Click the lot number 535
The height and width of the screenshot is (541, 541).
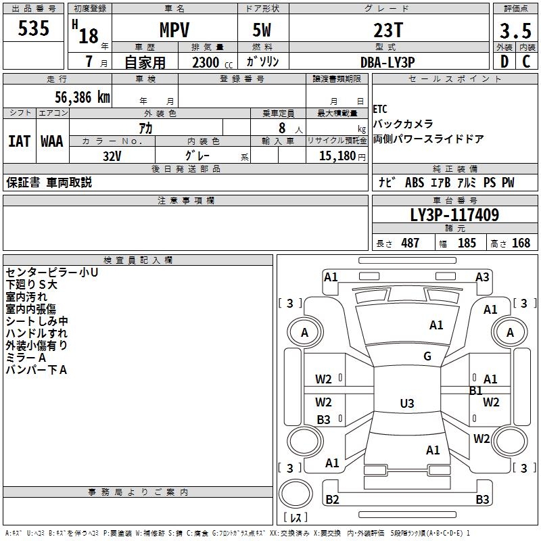click(x=34, y=29)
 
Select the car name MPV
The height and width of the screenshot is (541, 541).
click(x=174, y=30)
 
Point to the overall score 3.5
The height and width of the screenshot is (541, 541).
click(x=515, y=31)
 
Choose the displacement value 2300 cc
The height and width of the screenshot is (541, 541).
click(x=206, y=62)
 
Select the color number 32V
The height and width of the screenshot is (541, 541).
click(x=112, y=155)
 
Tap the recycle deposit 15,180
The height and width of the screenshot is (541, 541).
click(x=337, y=156)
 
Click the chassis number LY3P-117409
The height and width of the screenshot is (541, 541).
click(x=454, y=216)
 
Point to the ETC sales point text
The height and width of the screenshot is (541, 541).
click(x=380, y=109)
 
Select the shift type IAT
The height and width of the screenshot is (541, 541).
click(x=19, y=141)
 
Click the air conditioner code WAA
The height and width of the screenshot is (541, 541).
click(x=52, y=141)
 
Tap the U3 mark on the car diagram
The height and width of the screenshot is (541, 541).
click(x=406, y=404)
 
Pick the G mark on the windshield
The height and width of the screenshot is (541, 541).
click(x=427, y=356)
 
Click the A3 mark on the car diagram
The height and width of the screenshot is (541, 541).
click(x=482, y=277)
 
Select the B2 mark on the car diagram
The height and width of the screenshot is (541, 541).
click(x=332, y=500)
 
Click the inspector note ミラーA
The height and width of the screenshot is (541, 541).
click(x=26, y=358)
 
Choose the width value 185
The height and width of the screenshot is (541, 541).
click(x=467, y=243)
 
